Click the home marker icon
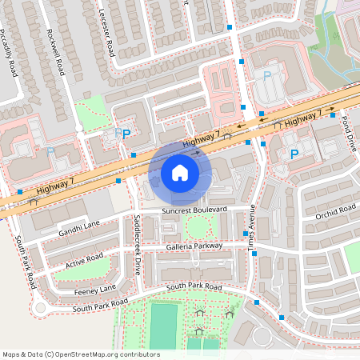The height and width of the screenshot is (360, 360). [x=180, y=173]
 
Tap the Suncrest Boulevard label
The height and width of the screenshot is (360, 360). [x=194, y=210]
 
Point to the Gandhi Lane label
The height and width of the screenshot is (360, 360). [x=80, y=227]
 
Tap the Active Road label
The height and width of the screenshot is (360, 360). [x=85, y=260]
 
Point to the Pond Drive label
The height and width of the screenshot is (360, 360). [x=348, y=133]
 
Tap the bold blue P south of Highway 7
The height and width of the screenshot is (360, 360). [x=294, y=154]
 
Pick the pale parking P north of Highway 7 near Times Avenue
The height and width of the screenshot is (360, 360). [x=268, y=75]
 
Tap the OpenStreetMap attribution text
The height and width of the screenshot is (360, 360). [x=80, y=354]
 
